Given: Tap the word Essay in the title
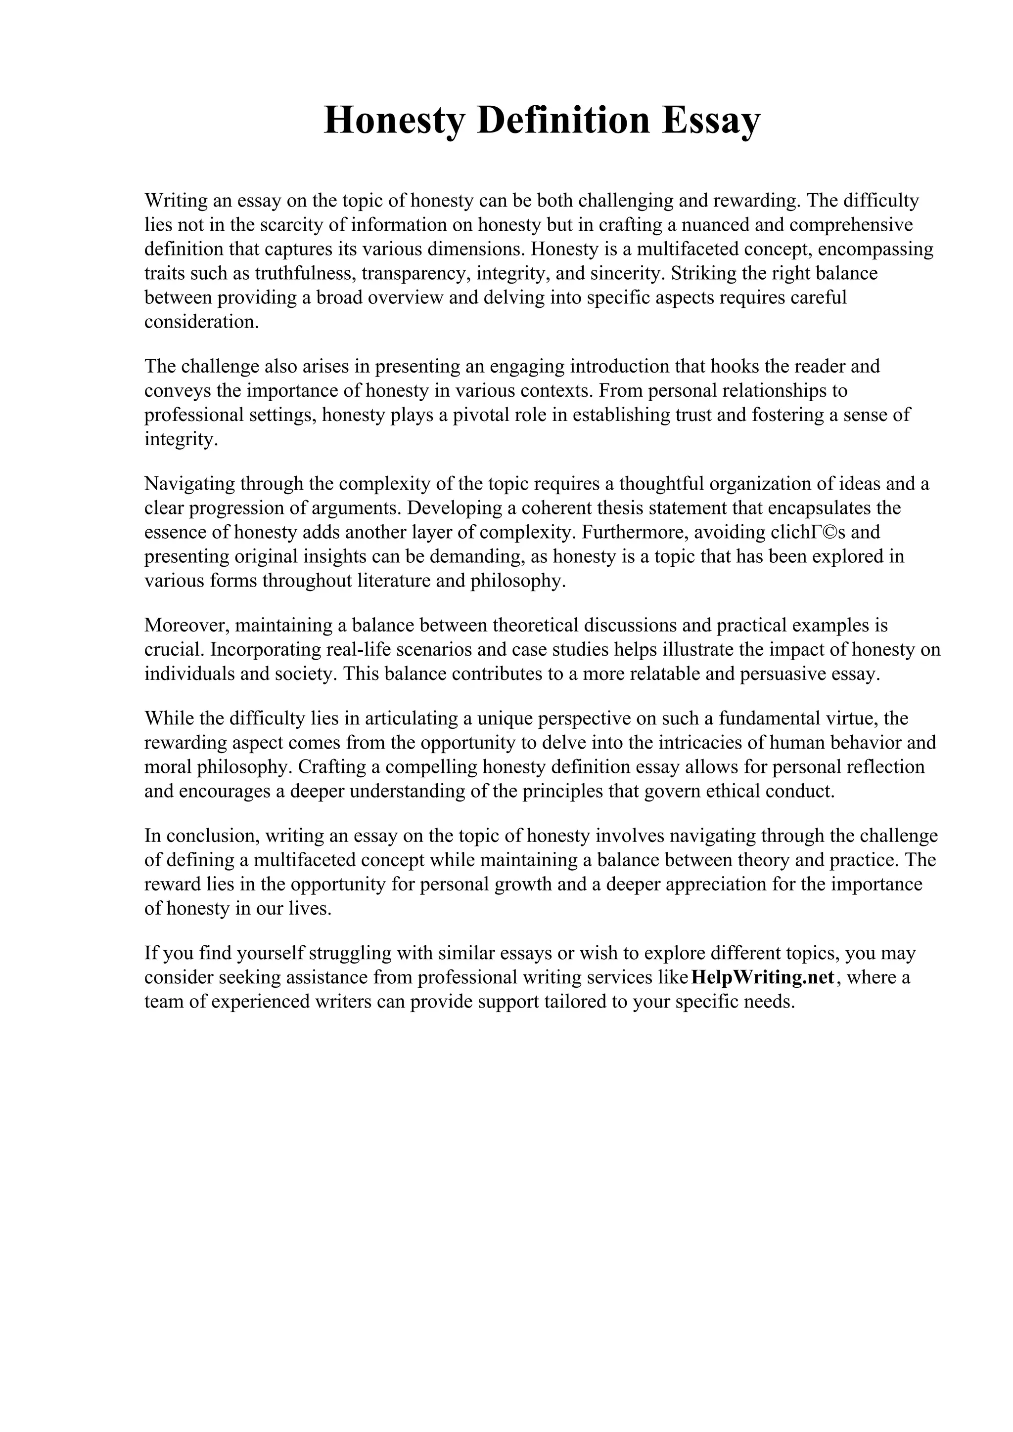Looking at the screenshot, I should (711, 121).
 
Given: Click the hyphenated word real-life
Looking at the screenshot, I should (359, 649).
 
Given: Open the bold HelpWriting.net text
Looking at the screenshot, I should (763, 977).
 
